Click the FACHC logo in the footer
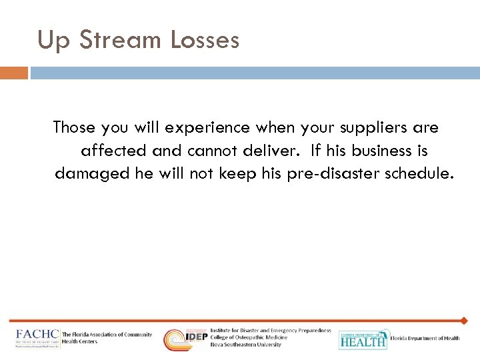(x=37, y=339)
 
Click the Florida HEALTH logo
(x=363, y=339)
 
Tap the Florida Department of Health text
(x=425, y=339)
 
